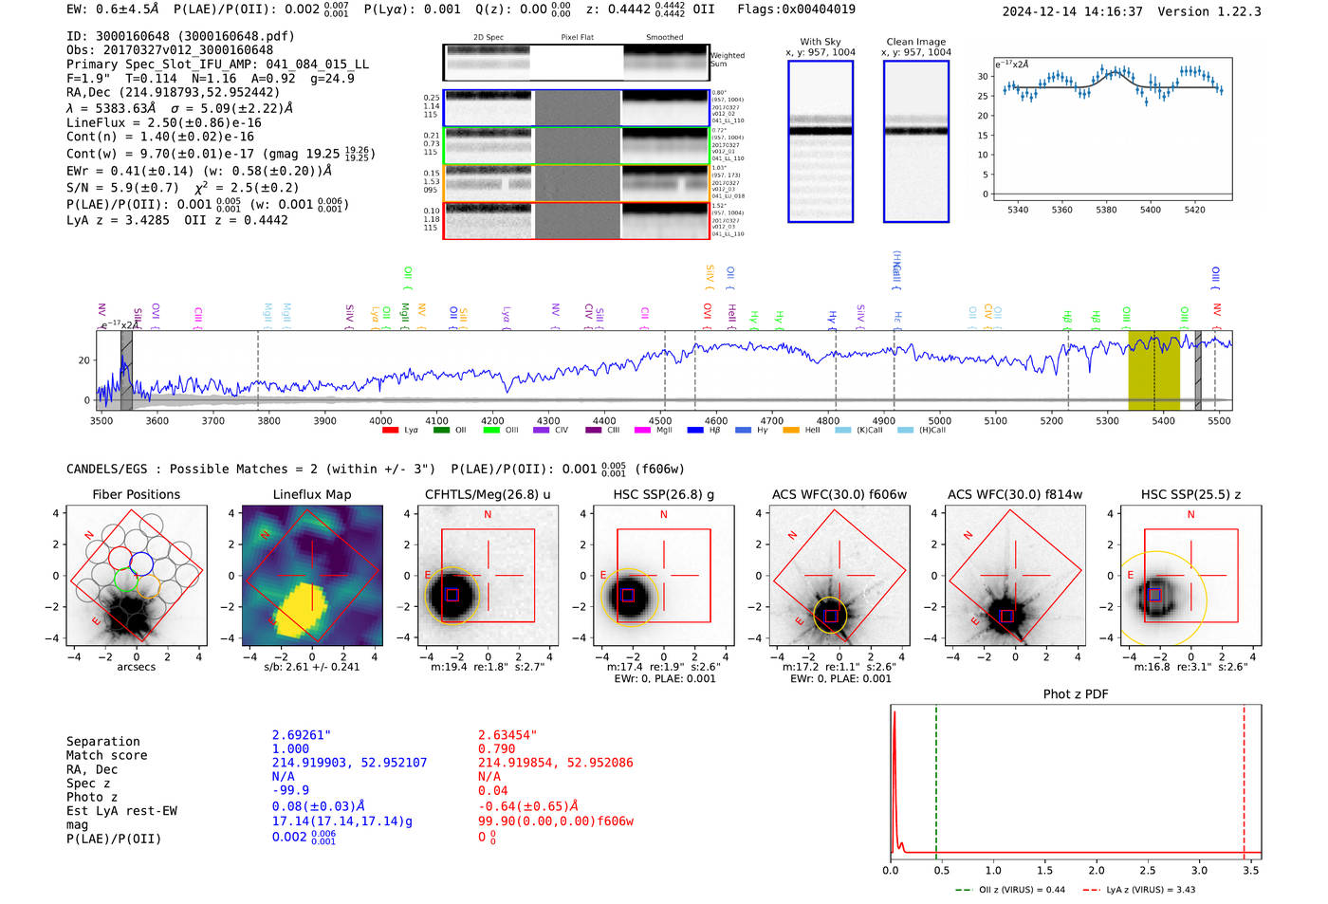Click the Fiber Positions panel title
(x=136, y=494)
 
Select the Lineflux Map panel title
(x=311, y=494)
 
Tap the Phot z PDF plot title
(x=1076, y=694)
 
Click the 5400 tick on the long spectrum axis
(x=1163, y=420)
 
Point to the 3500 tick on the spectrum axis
(x=101, y=420)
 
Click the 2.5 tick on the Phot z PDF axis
(x=1148, y=870)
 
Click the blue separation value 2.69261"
(x=302, y=735)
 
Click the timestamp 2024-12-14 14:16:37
(x=1072, y=11)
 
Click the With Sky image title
(x=820, y=42)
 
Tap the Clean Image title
(x=915, y=42)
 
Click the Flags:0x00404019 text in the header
(x=796, y=9)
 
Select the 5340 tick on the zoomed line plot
(x=1018, y=210)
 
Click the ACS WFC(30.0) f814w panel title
(x=1014, y=494)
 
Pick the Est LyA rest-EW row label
(x=121, y=811)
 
